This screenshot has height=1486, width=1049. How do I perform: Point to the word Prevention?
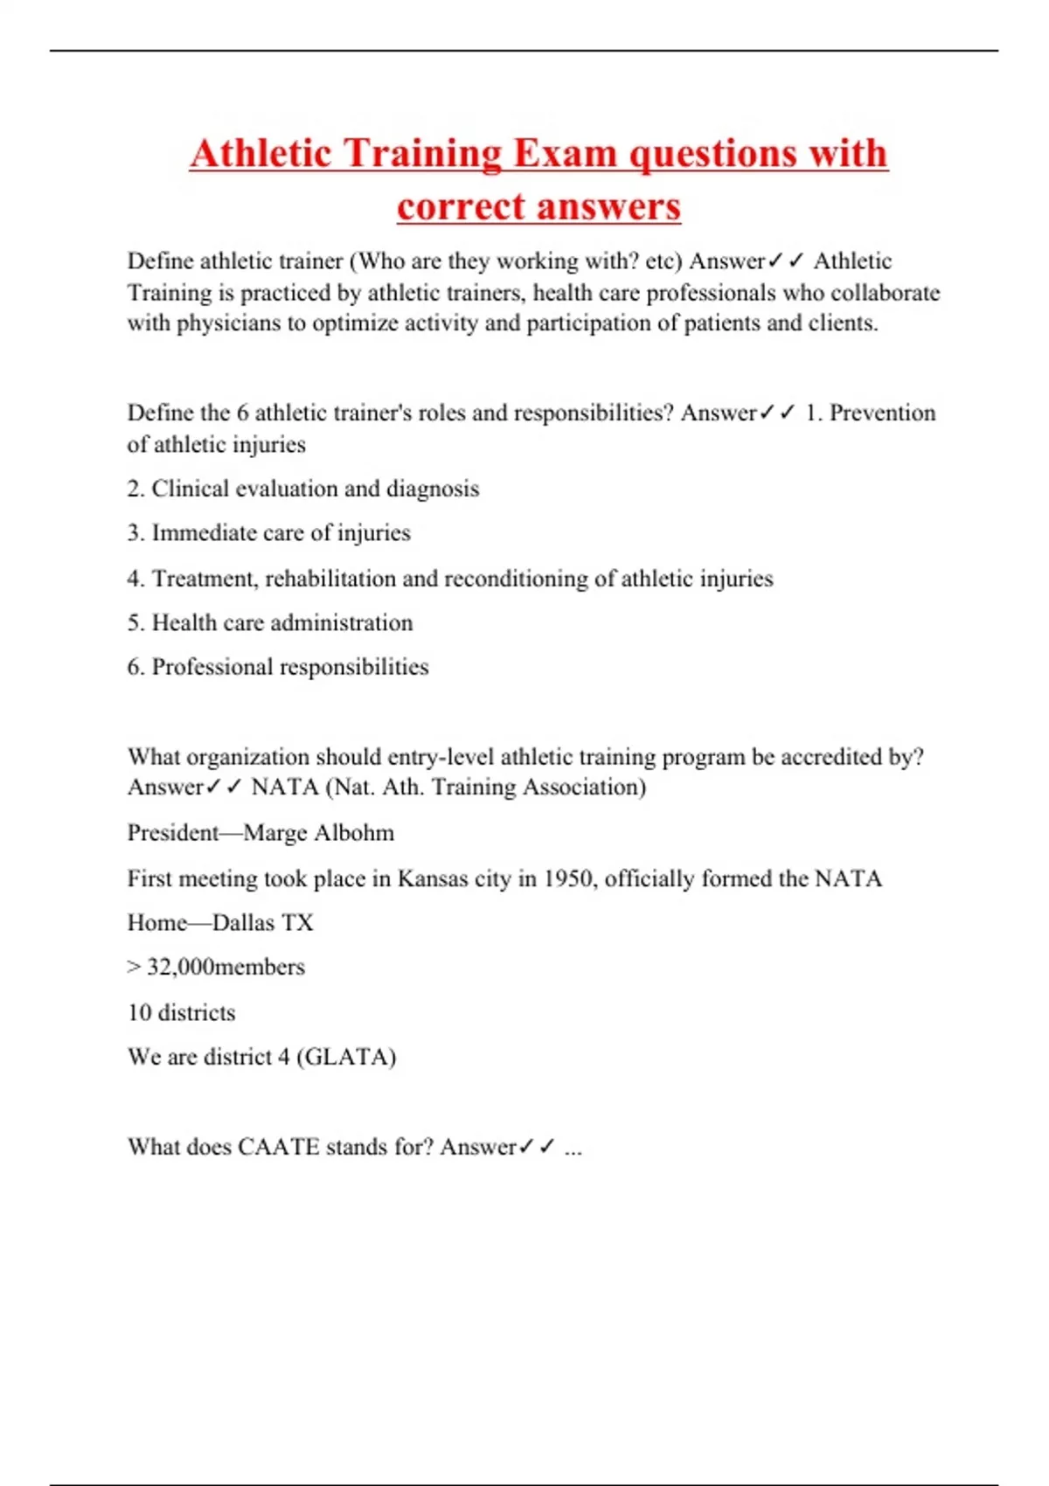[x=882, y=413]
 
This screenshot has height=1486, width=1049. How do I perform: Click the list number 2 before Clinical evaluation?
[x=135, y=489]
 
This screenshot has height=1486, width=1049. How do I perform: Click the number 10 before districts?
[x=139, y=1013]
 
